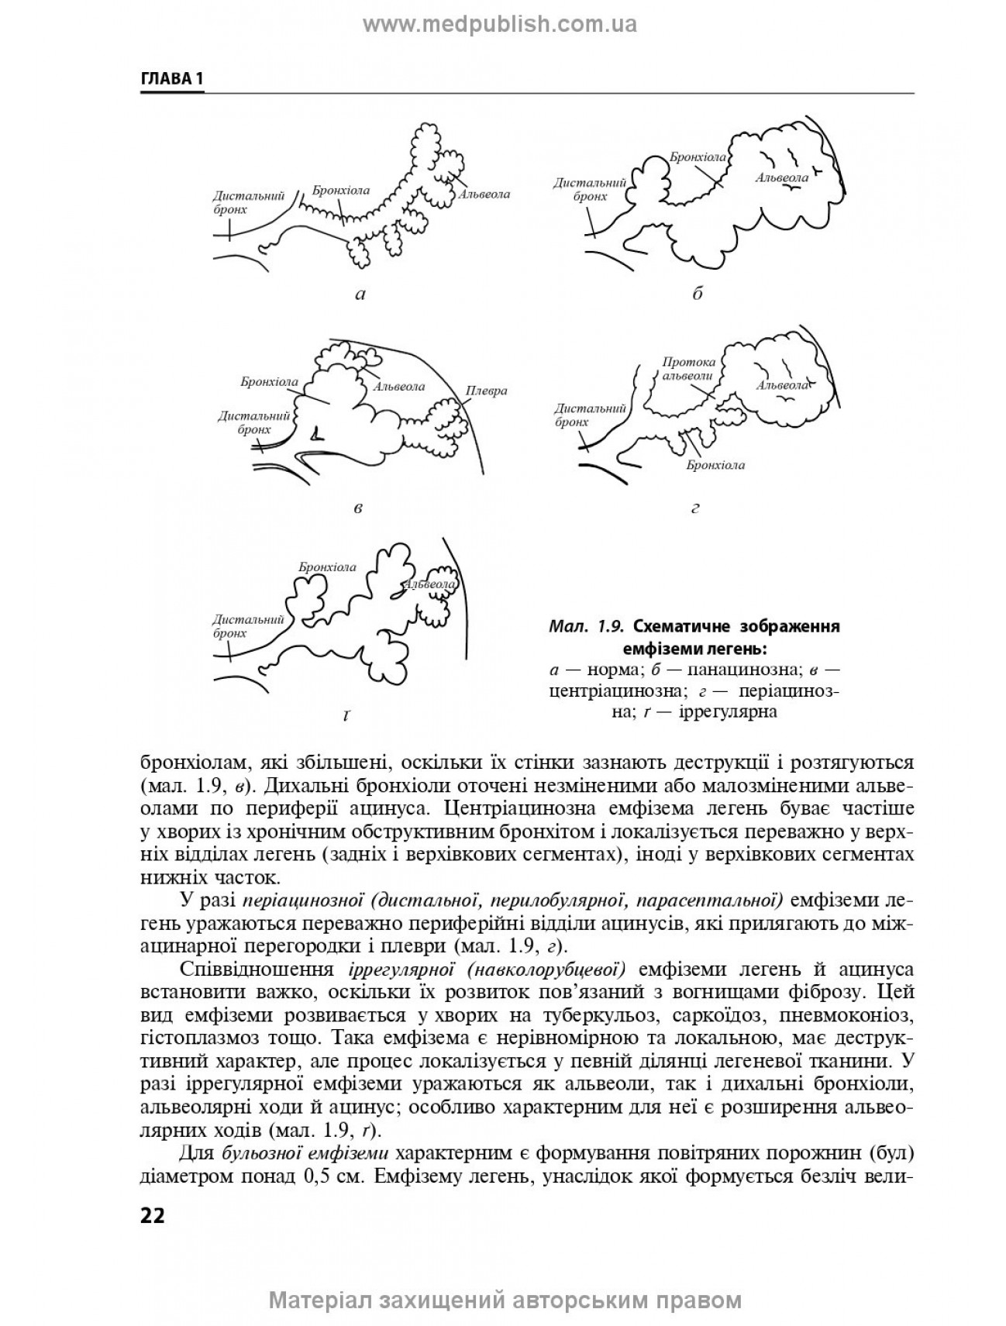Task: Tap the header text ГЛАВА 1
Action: coord(171,80)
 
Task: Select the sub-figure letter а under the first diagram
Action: coord(359,294)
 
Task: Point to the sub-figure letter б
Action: coord(697,294)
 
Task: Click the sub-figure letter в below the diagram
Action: coord(357,508)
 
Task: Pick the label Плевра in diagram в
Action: coord(486,390)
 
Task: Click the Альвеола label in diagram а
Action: coord(484,194)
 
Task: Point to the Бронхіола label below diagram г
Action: coord(715,465)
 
